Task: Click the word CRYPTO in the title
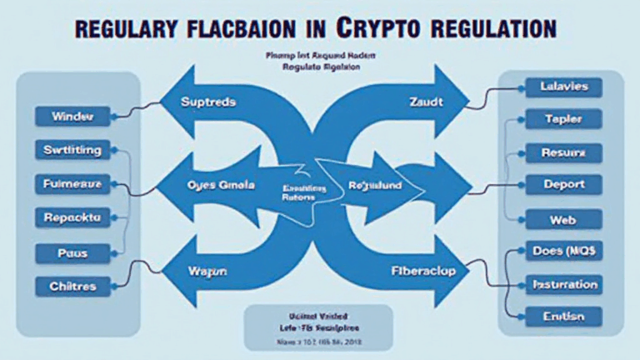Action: (379, 27)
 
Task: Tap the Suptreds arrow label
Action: (208, 102)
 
